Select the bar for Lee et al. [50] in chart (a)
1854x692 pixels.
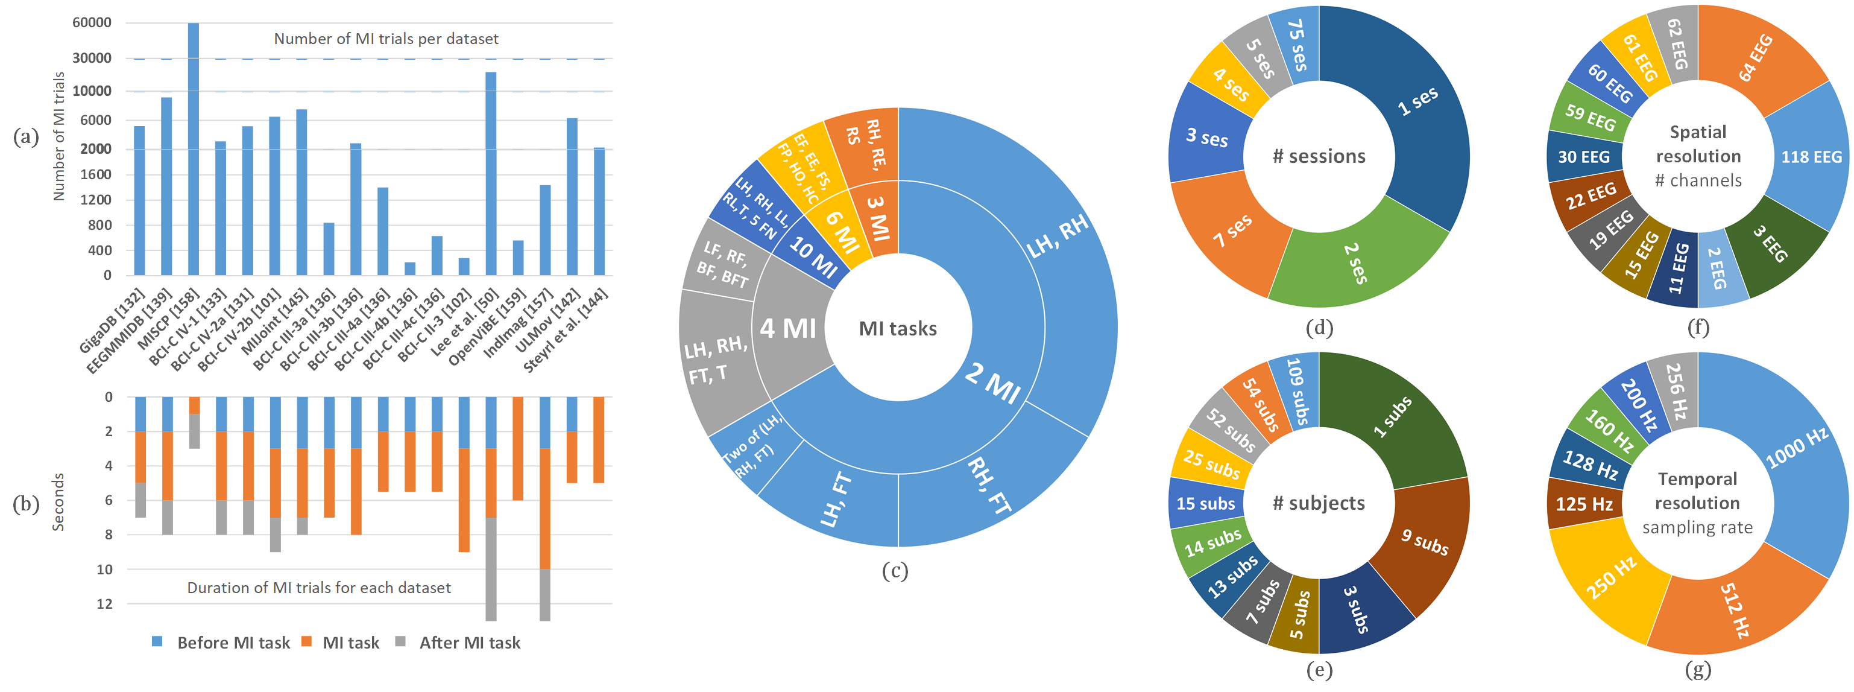pos(491,173)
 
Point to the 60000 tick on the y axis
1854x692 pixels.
pos(92,22)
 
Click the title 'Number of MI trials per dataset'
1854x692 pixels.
pos(386,39)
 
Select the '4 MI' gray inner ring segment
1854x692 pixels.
pos(789,328)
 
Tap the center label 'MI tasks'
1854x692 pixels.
pos(898,328)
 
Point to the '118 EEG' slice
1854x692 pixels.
pos(1810,156)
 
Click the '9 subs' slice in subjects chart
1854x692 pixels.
pos(1424,541)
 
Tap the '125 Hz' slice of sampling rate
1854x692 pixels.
pos(1583,503)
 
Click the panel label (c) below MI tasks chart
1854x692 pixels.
pos(895,571)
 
